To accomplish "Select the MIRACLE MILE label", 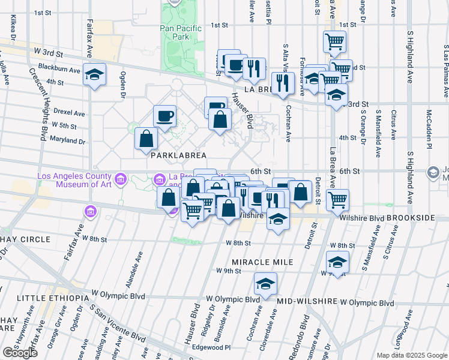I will click(262, 262).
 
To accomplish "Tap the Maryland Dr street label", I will click(68, 141).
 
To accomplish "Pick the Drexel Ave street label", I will click(68, 112).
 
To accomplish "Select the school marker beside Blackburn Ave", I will click(94, 74).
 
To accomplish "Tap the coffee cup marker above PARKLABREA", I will click(164, 115).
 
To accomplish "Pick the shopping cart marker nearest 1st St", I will click(334, 41).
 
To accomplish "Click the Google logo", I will click(20, 353).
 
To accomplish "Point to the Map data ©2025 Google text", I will click(412, 355).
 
